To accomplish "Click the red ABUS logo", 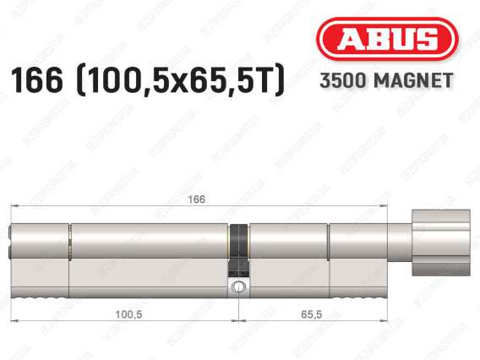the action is (x=387, y=39).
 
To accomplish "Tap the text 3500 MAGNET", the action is (x=386, y=80).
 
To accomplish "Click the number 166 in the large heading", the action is (x=36, y=80).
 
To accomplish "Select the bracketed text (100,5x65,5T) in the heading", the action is (x=181, y=80).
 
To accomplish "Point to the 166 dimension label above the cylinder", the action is (x=196, y=199).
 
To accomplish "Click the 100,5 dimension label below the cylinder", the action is (x=129, y=314).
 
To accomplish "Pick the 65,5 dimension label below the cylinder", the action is (x=311, y=314).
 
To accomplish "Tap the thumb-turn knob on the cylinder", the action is (x=441, y=243).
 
